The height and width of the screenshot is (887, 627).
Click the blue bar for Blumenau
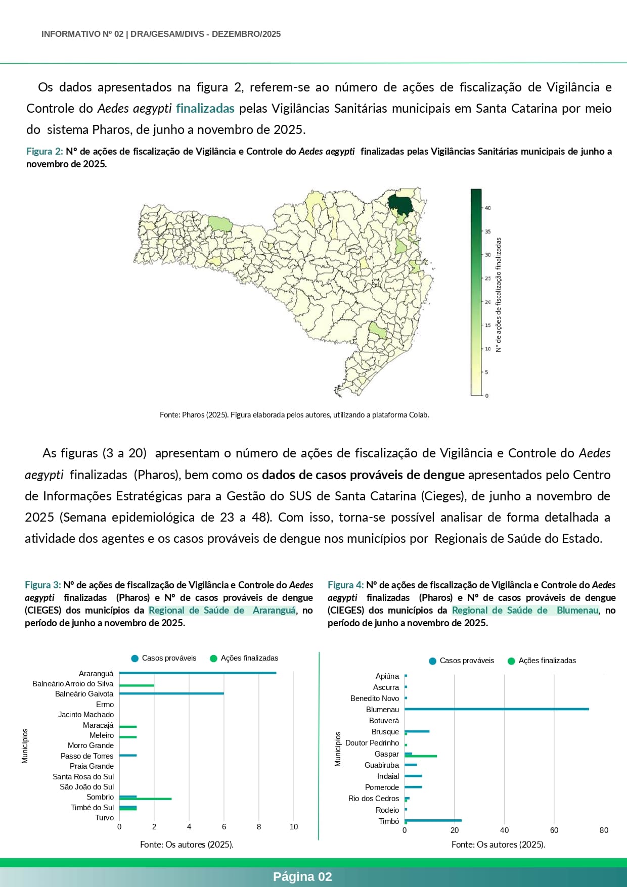pyautogui.click(x=497, y=709)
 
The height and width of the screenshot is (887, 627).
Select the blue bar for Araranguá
pyautogui.click(x=198, y=673)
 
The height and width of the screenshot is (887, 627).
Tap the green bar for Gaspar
pyautogui.click(x=421, y=756)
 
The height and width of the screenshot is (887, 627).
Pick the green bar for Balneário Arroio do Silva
pyautogui.click(x=137, y=685)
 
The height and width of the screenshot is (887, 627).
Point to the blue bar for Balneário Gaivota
pyautogui.click(x=171, y=693)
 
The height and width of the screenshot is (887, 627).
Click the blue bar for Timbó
pyautogui.click(x=433, y=820)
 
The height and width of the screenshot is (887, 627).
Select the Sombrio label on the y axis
pyautogui.click(x=100, y=797)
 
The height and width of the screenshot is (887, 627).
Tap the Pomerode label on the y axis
pyautogui.click(x=382, y=787)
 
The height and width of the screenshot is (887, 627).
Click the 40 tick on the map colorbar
pyautogui.click(x=487, y=208)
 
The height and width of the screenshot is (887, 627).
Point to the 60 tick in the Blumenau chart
pyautogui.click(x=554, y=830)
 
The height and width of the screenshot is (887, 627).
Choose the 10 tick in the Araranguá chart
pyautogui.click(x=294, y=827)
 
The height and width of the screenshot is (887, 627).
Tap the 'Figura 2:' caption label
pyautogui.click(x=44, y=152)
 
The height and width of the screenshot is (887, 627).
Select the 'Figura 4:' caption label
pyautogui.click(x=345, y=585)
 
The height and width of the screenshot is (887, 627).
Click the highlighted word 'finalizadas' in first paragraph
pyautogui.click(x=205, y=108)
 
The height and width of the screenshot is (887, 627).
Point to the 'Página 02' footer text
pyautogui.click(x=302, y=877)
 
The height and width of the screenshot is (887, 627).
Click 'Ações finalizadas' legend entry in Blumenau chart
pyautogui.click(x=547, y=661)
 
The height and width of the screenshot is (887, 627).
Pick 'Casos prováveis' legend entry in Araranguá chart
pyautogui.click(x=168, y=658)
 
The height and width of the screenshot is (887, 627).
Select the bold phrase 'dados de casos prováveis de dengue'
pyautogui.click(x=363, y=475)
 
